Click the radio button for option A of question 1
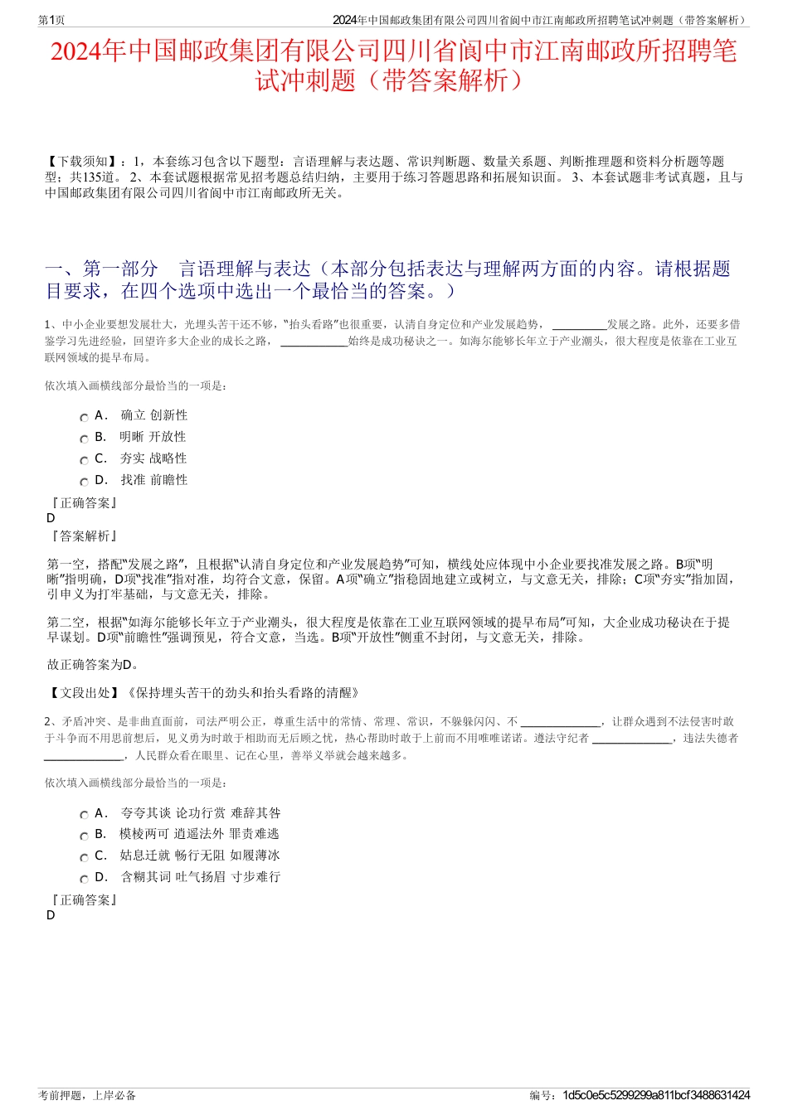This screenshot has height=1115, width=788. point(84,418)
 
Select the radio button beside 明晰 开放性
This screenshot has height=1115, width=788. point(84,439)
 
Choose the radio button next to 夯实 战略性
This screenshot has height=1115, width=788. point(84,461)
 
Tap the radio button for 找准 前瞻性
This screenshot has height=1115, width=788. point(84,482)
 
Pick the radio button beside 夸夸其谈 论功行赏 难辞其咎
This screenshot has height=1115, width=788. point(84,816)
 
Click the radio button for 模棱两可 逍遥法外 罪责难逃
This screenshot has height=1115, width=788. point(84,836)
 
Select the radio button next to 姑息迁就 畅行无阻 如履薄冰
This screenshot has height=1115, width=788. point(84,858)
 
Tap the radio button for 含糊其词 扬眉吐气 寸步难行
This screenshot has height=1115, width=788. point(84,880)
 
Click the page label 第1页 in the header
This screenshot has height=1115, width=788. point(51,20)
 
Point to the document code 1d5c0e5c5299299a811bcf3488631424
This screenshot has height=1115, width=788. point(656,1095)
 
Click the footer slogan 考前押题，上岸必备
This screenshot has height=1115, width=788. point(87,1095)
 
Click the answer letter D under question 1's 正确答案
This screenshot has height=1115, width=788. point(51,518)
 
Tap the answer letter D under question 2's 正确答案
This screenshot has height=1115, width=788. point(51,915)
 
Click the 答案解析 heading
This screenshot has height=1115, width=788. point(84,536)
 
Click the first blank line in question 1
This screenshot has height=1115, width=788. point(579,325)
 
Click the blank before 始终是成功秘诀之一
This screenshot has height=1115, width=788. point(314,342)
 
